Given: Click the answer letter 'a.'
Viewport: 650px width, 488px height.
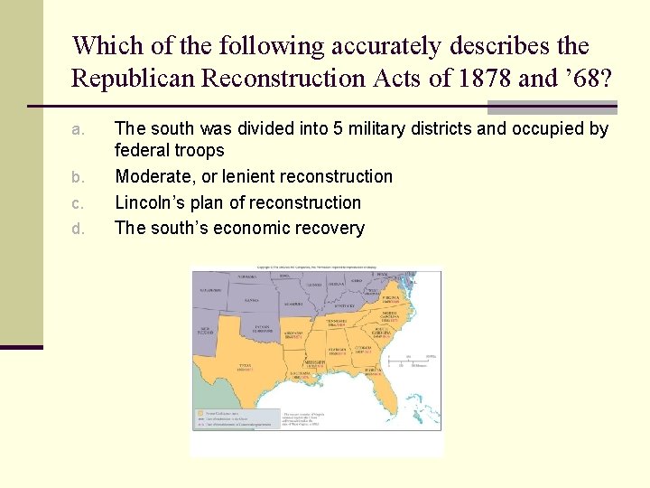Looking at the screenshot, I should [77, 130].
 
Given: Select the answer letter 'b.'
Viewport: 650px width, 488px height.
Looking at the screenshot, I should [77, 177].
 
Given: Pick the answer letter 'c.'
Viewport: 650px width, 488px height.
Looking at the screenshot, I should [77, 203].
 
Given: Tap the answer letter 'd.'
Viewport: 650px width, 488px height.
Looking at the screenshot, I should [77, 230].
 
